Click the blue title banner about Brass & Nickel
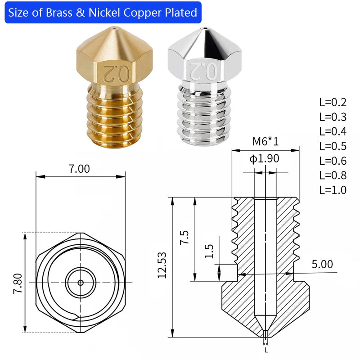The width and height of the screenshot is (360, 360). (103, 13)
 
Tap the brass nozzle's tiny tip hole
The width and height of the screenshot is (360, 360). (115, 28)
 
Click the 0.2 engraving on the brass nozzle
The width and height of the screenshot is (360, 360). (115, 71)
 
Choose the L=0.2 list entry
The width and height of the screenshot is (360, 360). (333, 102)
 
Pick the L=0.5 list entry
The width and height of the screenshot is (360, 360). (333, 146)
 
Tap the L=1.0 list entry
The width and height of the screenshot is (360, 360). (333, 189)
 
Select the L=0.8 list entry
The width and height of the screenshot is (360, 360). (333, 175)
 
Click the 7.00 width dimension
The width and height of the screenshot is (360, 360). (79, 169)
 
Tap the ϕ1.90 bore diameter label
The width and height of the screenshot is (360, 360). (265, 158)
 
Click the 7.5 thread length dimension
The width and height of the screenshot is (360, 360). (184, 238)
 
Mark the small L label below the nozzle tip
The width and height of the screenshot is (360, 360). (266, 350)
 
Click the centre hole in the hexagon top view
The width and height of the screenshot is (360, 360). (80, 283)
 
